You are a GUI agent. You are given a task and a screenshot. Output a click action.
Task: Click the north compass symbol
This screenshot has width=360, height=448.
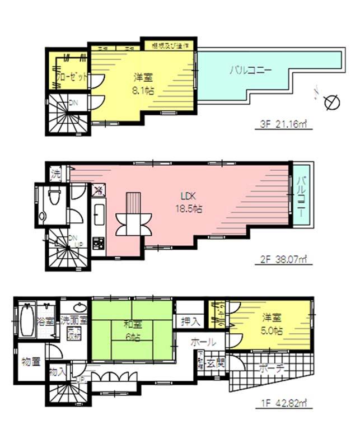coord(330,101)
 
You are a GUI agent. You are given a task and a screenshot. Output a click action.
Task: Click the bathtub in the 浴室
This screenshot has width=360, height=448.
coord(27,321)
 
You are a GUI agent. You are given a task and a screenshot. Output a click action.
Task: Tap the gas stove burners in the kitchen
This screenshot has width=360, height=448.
coord(99,243)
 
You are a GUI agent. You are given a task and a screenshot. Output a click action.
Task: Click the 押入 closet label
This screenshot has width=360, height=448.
coord(191,321)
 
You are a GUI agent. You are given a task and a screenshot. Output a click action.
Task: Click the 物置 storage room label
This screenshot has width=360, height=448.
coord(31,362)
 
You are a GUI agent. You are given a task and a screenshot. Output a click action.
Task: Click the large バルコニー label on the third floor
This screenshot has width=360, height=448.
coord(250,71)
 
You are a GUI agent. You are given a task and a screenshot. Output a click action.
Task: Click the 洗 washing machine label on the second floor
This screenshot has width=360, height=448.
coord(56,173)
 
